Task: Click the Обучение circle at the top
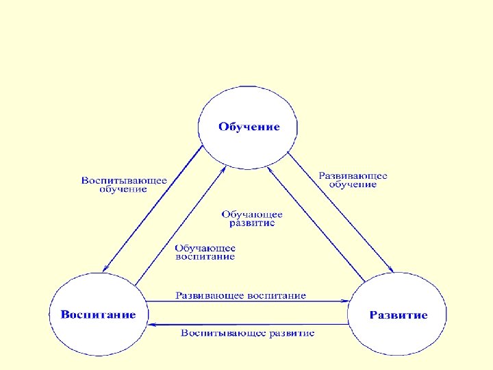coord(249,127)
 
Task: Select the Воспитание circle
coord(98,315)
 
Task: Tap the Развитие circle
coord(398,315)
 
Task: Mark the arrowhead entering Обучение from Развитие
coord(269,168)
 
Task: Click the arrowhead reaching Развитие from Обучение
coord(390,269)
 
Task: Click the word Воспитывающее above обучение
coord(124,180)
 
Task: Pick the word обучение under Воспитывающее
coord(123,189)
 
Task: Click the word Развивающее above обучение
coord(353,175)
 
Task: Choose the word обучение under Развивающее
coord(353,184)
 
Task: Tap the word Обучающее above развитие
coord(252,214)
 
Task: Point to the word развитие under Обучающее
coord(252,223)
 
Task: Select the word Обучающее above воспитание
coord(205,248)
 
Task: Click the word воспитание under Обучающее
coord(205,257)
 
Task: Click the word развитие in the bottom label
coord(290,333)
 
